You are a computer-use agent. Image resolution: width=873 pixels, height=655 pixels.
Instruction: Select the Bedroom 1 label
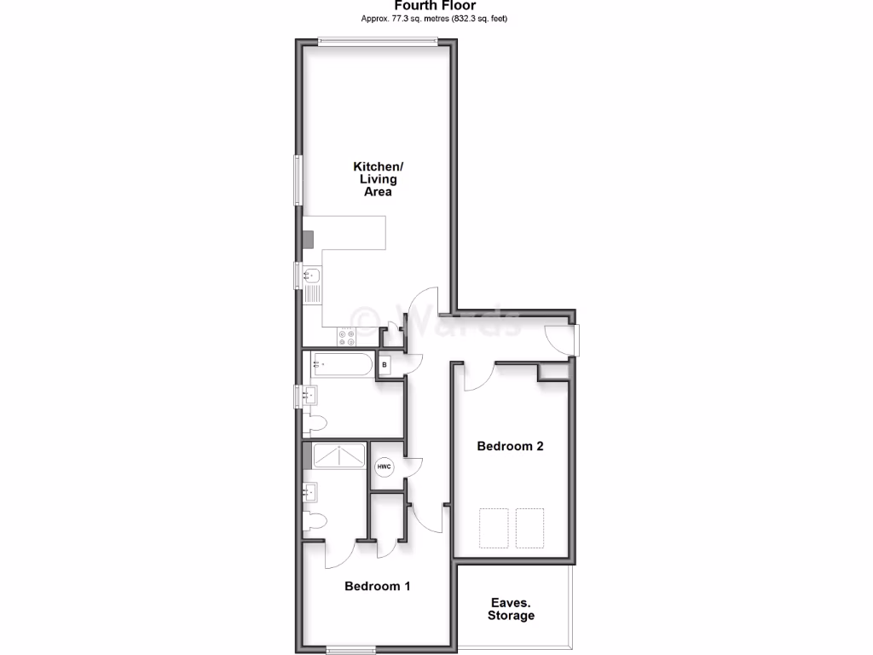pyautogui.click(x=378, y=587)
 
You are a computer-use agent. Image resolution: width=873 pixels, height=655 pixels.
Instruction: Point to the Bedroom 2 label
pyautogui.click(x=510, y=446)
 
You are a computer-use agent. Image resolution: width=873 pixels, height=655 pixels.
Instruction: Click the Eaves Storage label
pyautogui.click(x=512, y=609)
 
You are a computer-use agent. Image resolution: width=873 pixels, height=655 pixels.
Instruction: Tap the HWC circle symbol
pyautogui.click(x=384, y=467)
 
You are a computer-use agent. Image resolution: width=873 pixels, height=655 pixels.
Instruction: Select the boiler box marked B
pyautogui.click(x=384, y=366)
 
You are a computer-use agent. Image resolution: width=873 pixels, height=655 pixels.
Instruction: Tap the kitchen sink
pyautogui.click(x=312, y=275)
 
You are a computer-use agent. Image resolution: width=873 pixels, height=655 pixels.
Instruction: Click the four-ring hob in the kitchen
pyautogui.click(x=347, y=337)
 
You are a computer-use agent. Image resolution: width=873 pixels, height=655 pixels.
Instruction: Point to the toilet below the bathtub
pyautogui.click(x=317, y=422)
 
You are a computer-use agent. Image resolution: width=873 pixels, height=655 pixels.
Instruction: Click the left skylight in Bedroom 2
pyautogui.click(x=493, y=528)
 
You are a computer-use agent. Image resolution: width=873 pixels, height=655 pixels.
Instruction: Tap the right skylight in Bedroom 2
pyautogui.click(x=529, y=528)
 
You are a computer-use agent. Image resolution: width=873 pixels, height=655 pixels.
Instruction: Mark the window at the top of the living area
pyautogui.click(x=379, y=40)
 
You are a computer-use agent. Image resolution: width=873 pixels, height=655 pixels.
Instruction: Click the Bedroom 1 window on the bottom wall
pyautogui.click(x=351, y=651)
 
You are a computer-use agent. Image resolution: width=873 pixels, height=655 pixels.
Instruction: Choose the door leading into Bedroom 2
pyautogui.click(x=478, y=375)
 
